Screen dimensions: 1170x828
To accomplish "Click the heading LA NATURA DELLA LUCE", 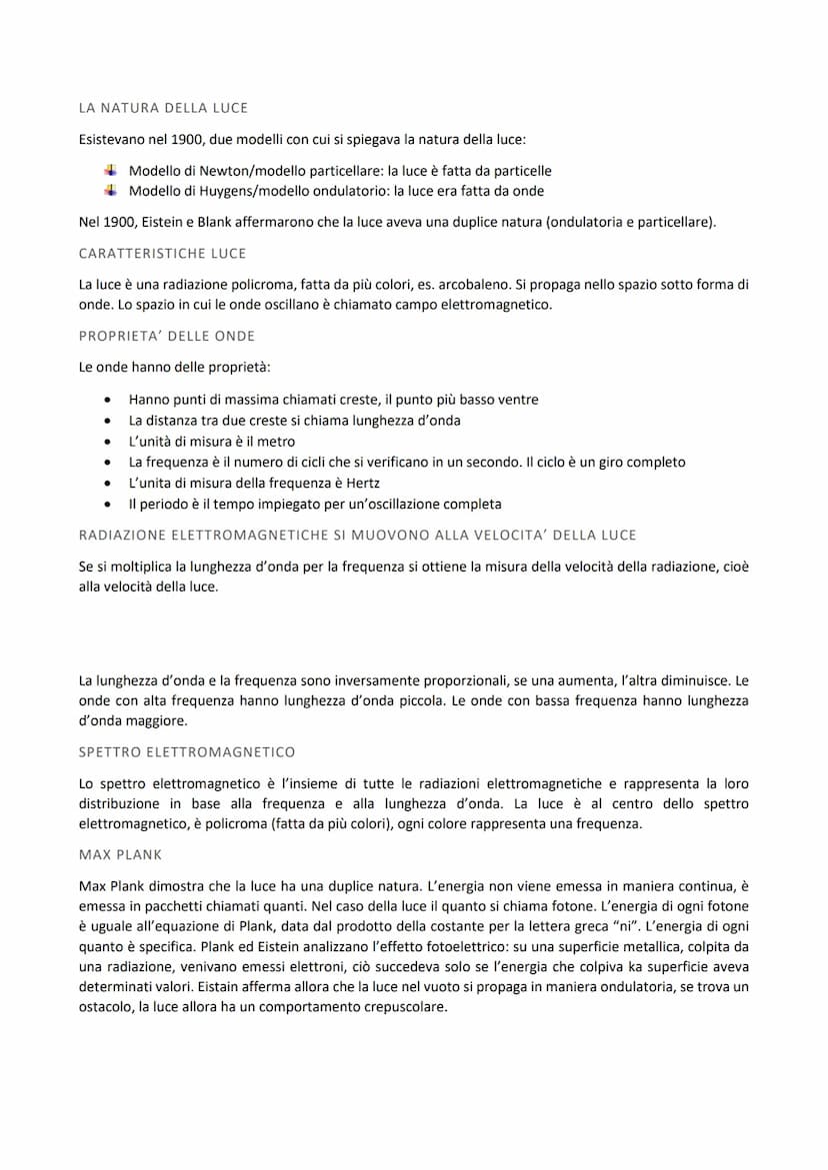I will coord(163,107).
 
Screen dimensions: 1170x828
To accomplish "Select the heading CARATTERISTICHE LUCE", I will coord(162,254).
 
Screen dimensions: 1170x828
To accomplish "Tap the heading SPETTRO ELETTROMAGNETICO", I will coord(187,751).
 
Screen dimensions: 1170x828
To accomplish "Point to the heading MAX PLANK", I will coord(120,855).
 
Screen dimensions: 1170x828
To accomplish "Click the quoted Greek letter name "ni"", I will coord(616,926).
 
